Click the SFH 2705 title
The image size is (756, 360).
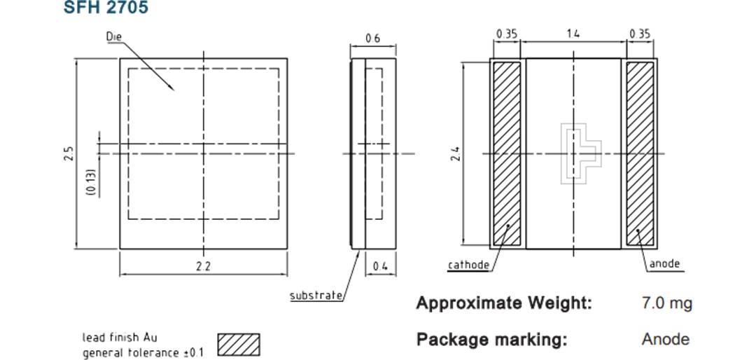coord(106,8)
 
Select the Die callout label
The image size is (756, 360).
coord(114,36)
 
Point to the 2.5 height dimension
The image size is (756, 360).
coord(68,153)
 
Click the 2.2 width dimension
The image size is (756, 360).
coord(203,266)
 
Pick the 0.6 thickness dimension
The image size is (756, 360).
coord(372,39)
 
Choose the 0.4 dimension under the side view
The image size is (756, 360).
coord(380,266)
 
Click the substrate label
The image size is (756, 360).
coord(316,296)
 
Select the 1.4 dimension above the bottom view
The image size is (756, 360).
coord(573,34)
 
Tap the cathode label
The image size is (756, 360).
coord(468,265)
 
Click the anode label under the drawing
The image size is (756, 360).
coord(664,264)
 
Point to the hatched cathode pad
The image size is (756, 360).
coord(507,153)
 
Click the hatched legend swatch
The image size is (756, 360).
coord(239,344)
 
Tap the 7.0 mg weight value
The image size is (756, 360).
coord(666,303)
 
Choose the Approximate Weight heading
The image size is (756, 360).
coord(504,303)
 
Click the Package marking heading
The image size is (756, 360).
coord(491,340)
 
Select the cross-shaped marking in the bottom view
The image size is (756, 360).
coord(581,154)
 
